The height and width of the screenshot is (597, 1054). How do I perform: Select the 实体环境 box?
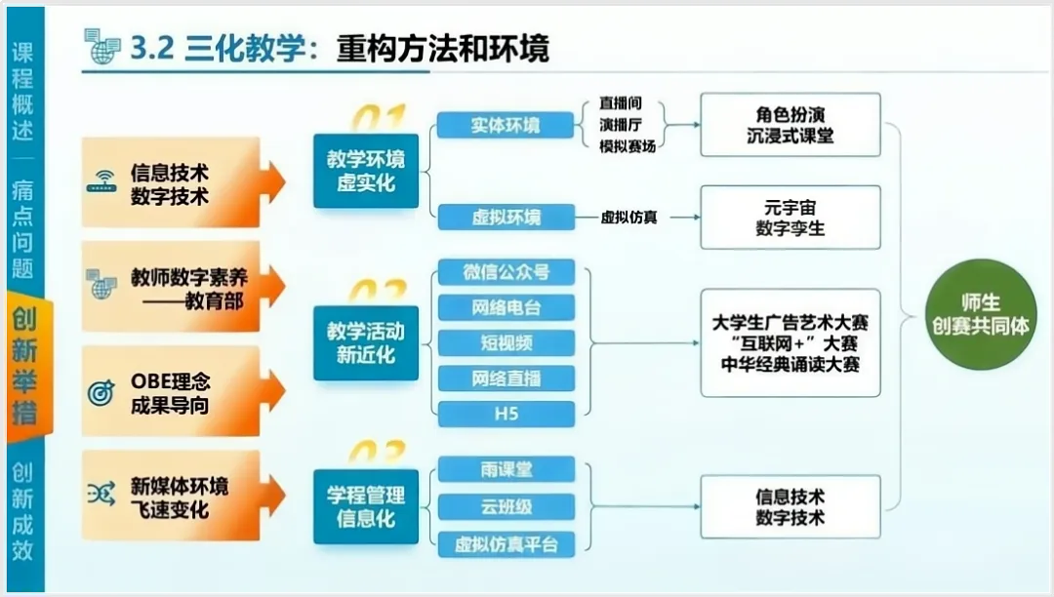pos(506,125)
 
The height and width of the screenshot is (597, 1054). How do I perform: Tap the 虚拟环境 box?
pos(506,217)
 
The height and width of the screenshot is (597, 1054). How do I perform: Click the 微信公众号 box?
pos(506,272)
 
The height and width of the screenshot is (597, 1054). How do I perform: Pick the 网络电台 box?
pos(506,307)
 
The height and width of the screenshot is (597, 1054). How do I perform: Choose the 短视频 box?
pos(506,342)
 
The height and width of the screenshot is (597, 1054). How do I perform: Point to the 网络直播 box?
pos(506,378)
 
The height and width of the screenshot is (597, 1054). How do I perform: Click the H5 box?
pos(506,414)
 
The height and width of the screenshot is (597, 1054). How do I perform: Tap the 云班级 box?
pos(506,506)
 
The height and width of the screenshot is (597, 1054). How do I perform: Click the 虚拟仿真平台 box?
pos(506,542)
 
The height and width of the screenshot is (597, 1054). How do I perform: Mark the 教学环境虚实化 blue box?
pos(365,171)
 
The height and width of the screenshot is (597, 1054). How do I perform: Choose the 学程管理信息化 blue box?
pos(365,506)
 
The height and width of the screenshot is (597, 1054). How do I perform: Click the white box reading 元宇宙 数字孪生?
pos(790,218)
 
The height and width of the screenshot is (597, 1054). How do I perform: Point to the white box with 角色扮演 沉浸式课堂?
pos(790,125)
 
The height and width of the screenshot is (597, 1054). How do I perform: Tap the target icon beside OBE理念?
pos(101,392)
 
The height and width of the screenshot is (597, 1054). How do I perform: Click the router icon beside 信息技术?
pos(101,181)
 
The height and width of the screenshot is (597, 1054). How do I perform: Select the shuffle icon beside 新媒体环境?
pos(101,495)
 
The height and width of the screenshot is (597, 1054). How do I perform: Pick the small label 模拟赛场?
pos(628,146)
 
